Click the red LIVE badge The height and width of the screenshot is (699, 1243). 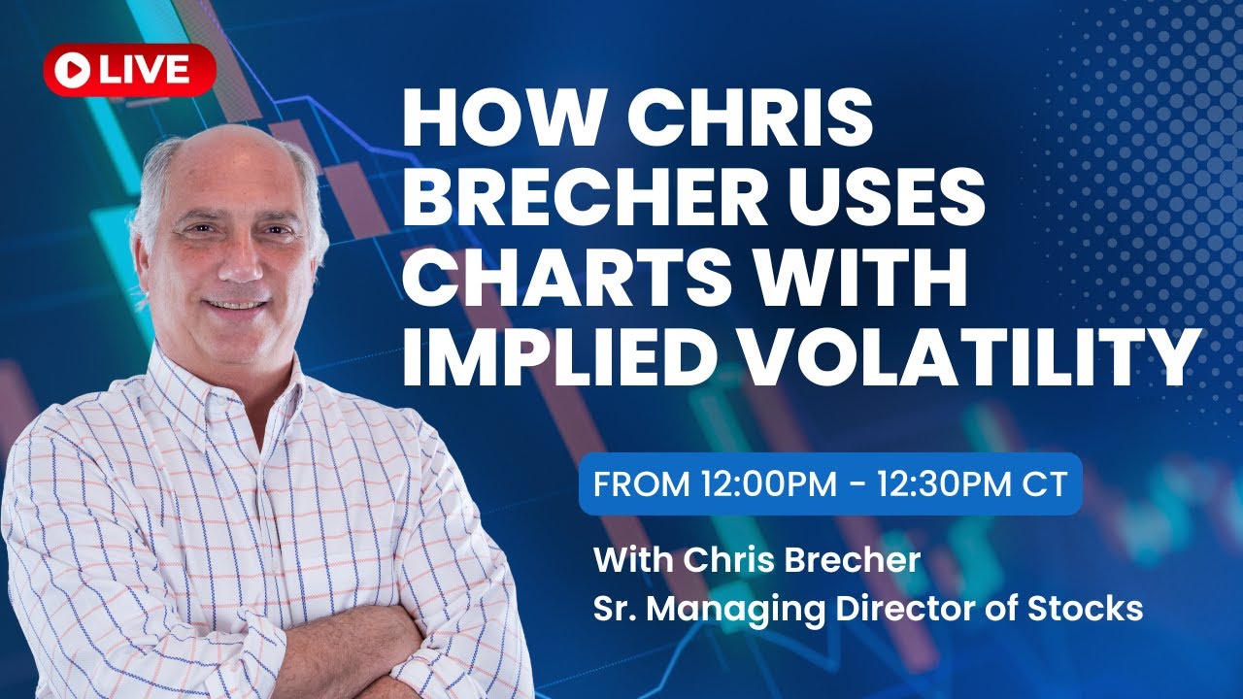pos(129,69)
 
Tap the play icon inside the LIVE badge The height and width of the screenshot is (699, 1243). pos(72,69)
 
